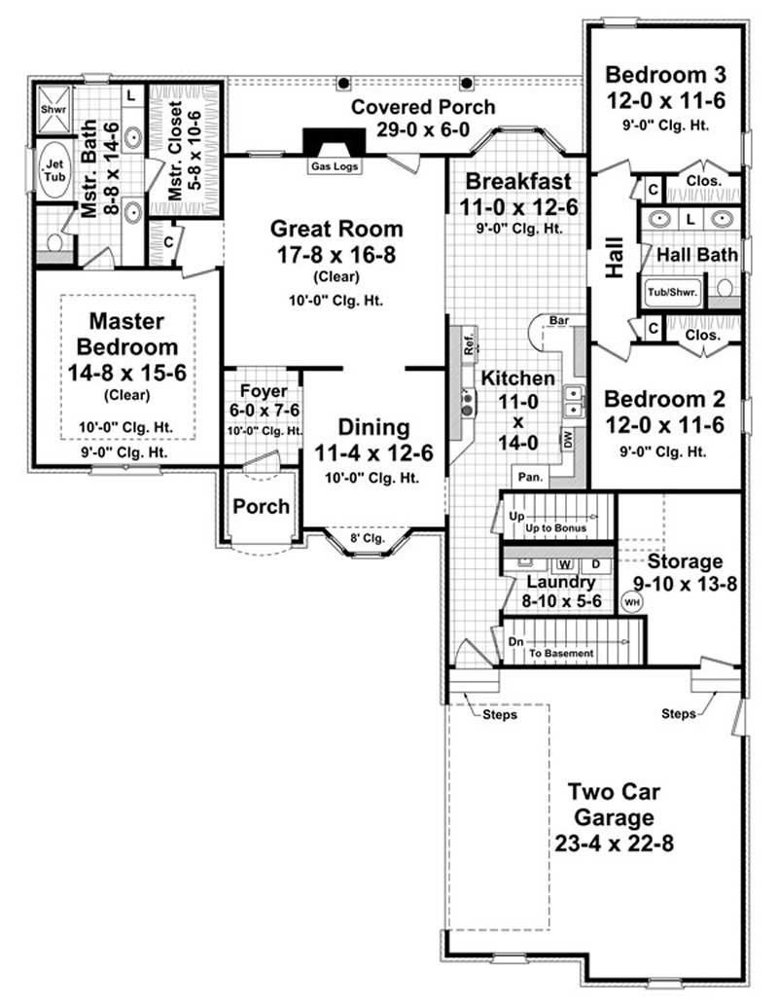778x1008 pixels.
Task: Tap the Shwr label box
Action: click(51, 110)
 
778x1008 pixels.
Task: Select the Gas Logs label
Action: click(335, 166)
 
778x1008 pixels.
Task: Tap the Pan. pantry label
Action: click(530, 478)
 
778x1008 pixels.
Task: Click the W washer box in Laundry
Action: click(564, 564)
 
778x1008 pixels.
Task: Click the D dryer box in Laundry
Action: click(596, 564)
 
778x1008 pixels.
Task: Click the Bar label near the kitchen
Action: click(559, 318)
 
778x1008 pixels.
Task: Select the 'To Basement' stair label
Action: click(560, 654)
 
